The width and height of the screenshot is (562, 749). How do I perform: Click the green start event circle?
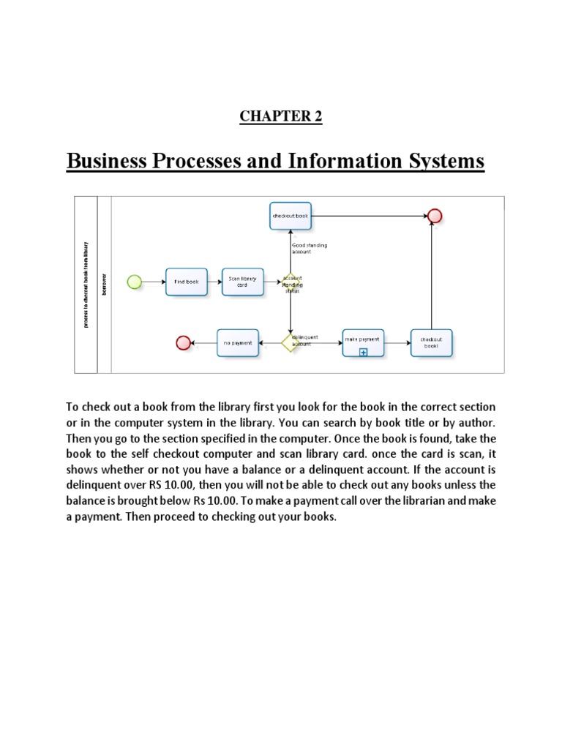[x=134, y=282]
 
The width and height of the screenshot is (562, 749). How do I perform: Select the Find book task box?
[x=186, y=282]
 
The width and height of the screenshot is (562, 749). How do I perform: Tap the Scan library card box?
[x=242, y=282]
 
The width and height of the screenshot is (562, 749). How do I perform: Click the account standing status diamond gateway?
[x=291, y=282]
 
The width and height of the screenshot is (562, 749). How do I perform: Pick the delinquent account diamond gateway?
[x=291, y=342]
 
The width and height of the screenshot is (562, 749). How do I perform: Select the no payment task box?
[x=238, y=342]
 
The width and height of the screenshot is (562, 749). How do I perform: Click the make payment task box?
[x=363, y=342]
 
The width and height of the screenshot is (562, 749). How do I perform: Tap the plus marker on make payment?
[x=363, y=352]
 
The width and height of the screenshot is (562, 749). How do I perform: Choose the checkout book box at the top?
[x=291, y=216]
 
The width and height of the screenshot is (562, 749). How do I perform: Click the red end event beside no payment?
[x=184, y=342]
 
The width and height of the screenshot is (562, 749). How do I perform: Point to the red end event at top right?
[x=435, y=216]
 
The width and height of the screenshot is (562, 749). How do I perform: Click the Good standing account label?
[x=309, y=248]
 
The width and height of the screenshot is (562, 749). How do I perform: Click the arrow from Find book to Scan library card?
[x=214, y=282]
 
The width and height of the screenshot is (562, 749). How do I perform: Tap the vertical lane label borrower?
[x=103, y=282]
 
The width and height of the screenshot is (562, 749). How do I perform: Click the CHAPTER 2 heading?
[x=281, y=117]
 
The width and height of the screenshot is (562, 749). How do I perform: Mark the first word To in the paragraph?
[x=73, y=407]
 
